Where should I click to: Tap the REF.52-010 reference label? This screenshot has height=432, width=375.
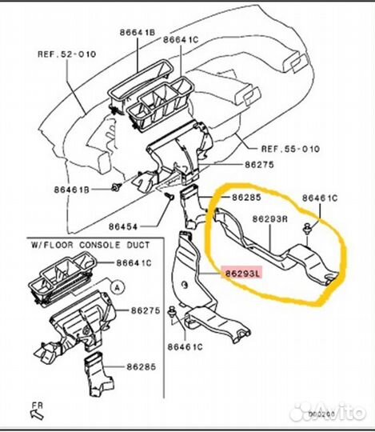pyautogui.click(x=66, y=55)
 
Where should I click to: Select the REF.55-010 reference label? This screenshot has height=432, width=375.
pyautogui.click(x=289, y=149)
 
